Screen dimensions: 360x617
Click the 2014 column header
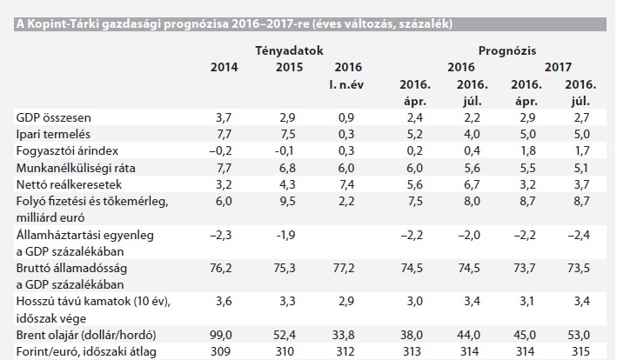pyautogui.click(x=224, y=66)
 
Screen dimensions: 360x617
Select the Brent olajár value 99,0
pyautogui.click(x=224, y=335)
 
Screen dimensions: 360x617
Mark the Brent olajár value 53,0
pyautogui.click(x=582, y=335)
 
